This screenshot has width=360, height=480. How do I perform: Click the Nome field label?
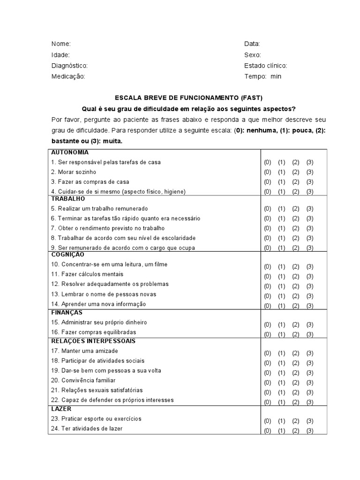click(x=61, y=44)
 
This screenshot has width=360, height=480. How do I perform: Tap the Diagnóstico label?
click(x=69, y=66)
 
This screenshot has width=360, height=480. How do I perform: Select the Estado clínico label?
click(x=265, y=66)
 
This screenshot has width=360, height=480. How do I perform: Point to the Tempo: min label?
click(x=262, y=76)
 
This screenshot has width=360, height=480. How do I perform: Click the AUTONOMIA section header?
click(x=70, y=152)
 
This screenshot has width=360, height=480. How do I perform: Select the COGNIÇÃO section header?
click(x=67, y=255)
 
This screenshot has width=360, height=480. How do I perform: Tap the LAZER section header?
click(x=61, y=409)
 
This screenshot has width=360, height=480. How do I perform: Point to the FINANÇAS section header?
click(x=67, y=312)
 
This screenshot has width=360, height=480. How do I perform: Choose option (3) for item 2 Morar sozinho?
click(x=310, y=172)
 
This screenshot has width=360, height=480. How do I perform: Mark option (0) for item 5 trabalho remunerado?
click(x=267, y=209)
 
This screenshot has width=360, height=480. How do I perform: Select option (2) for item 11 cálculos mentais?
click(x=295, y=276)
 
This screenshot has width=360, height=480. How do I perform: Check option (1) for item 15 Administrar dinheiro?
click(x=281, y=324)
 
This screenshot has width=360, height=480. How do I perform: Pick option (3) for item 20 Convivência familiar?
click(x=310, y=382)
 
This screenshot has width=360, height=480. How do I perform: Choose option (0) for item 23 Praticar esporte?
click(x=267, y=421)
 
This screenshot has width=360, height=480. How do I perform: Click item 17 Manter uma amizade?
click(x=84, y=351)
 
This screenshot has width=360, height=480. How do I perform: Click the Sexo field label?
click(x=253, y=55)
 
